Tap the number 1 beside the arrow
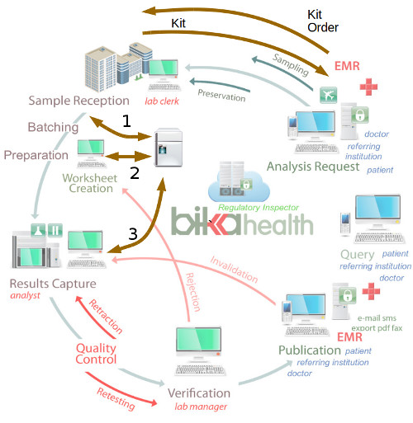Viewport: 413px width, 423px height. coord(126,121)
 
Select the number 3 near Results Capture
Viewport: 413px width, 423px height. coord(132,233)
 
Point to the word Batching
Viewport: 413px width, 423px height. coord(53,128)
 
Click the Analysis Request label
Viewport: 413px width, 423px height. coord(313,167)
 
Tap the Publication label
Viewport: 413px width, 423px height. coord(310,350)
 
